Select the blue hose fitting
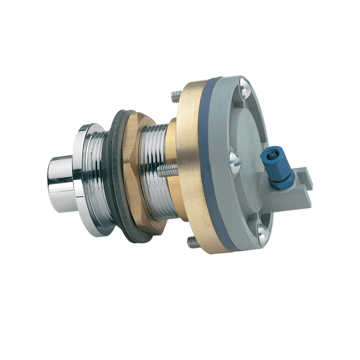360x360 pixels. (x=279, y=166)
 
